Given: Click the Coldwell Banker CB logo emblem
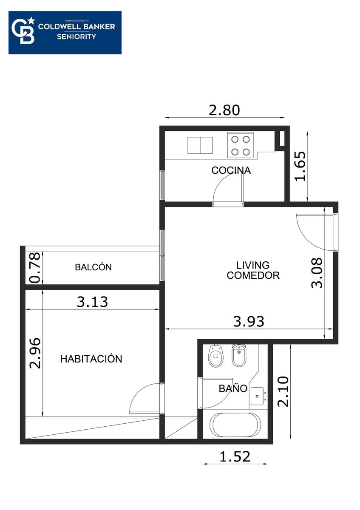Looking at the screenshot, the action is click(x=23, y=31).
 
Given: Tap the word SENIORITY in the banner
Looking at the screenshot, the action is click(x=77, y=37).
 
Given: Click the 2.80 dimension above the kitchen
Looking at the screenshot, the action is click(x=224, y=110).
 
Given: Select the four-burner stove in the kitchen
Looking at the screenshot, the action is click(x=241, y=145).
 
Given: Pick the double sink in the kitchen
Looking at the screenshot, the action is click(x=200, y=145).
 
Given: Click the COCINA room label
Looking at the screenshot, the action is click(x=231, y=170).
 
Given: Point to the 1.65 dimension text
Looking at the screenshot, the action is click(x=300, y=166).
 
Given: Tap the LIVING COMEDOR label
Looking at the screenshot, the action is click(x=253, y=270).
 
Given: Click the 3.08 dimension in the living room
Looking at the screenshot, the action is click(x=317, y=273).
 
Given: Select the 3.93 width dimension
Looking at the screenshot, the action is click(x=249, y=321).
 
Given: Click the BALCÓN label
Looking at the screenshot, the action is click(x=94, y=267).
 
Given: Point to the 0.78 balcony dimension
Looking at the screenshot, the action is click(x=35, y=268).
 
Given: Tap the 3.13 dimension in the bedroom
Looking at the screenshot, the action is click(x=92, y=302).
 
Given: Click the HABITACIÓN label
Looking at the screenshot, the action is click(x=91, y=359).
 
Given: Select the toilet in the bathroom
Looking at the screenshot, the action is click(x=216, y=356).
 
